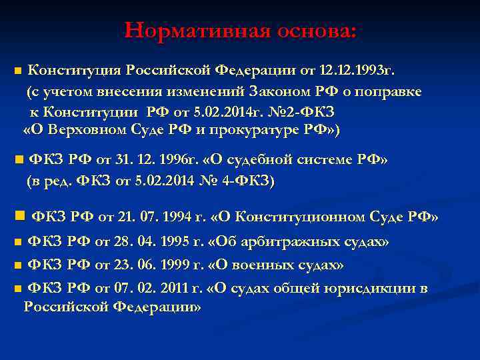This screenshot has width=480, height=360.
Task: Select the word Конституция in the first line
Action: (x=74, y=71)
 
